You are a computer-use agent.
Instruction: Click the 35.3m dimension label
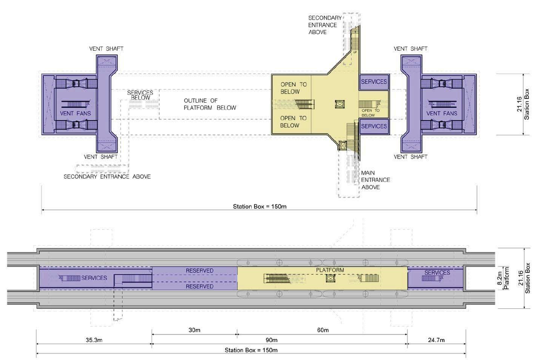click(x=94, y=340)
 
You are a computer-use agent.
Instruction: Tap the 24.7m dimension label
click(x=436, y=340)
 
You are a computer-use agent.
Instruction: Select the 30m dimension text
click(x=194, y=330)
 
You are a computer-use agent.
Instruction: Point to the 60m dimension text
click(x=323, y=330)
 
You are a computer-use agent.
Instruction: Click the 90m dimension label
click(x=272, y=340)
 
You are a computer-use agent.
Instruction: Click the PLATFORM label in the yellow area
click(x=330, y=270)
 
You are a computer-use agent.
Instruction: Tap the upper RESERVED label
click(x=200, y=270)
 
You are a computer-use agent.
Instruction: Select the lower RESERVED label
click(x=200, y=286)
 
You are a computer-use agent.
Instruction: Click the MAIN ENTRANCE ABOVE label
click(x=376, y=180)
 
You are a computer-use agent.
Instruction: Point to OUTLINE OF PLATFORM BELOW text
click(x=210, y=104)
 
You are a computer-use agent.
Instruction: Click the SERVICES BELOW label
click(x=140, y=95)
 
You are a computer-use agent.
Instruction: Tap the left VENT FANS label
click(x=75, y=113)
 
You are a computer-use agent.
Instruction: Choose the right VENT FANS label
click(x=442, y=113)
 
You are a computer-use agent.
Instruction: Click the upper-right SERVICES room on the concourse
click(x=374, y=82)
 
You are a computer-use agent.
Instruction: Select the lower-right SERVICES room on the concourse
click(x=374, y=126)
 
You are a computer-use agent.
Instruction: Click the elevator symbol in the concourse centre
click(x=340, y=104)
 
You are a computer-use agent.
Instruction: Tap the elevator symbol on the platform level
click(x=330, y=278)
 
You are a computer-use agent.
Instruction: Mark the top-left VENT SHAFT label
click(x=106, y=49)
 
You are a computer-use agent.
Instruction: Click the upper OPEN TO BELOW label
click(x=294, y=88)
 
